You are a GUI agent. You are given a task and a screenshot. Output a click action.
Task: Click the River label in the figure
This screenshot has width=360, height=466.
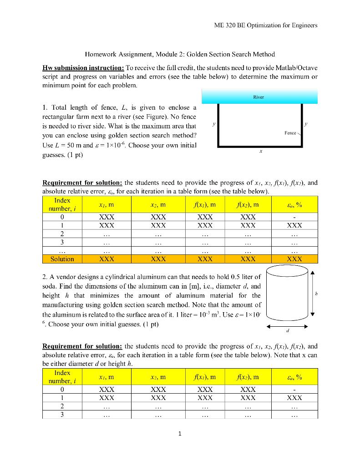(259, 97)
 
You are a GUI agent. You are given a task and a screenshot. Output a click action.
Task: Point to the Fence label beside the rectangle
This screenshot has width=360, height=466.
(290, 133)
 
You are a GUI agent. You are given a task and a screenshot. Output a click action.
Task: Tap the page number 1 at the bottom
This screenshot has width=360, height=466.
(180, 434)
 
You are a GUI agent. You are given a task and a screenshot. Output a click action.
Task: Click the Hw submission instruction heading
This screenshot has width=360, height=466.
(81, 68)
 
